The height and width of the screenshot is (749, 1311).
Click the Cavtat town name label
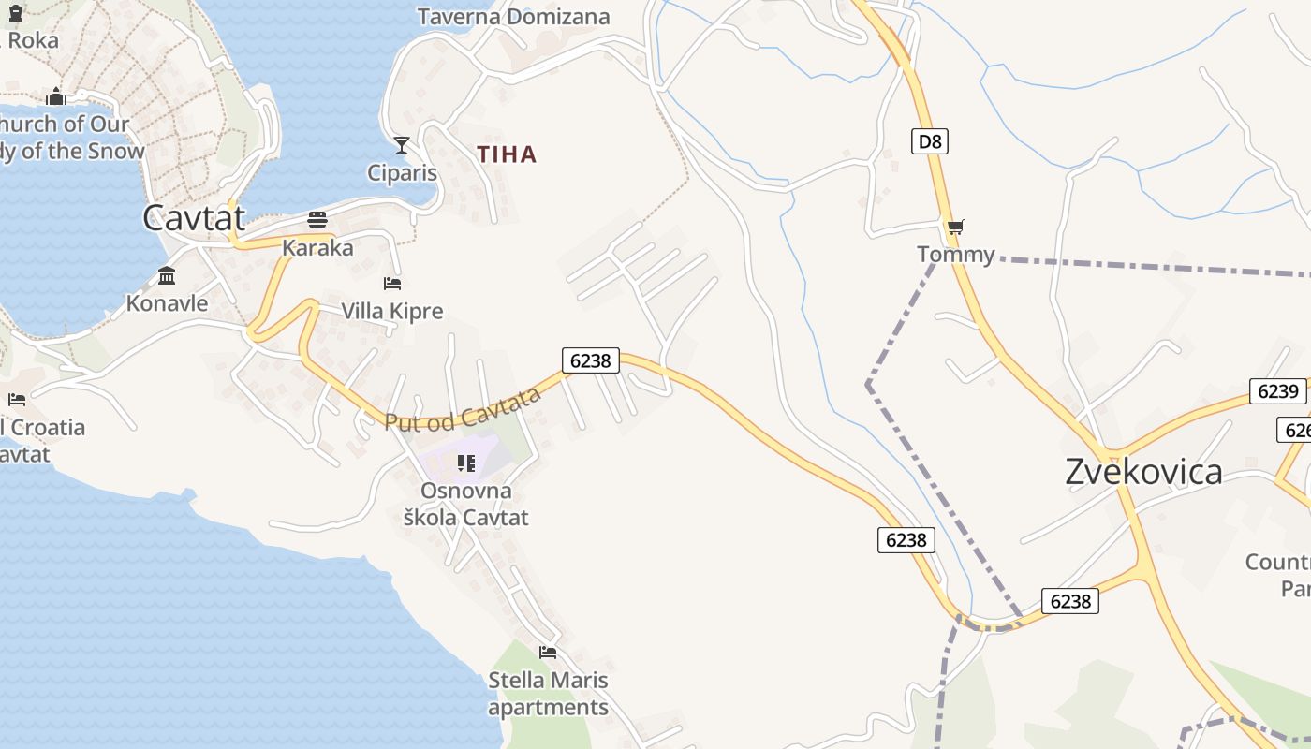pyautogui.click(x=194, y=218)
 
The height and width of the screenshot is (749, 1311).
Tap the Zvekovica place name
pyautogui.click(x=1143, y=472)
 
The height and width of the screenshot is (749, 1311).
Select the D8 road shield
pyautogui.click(x=929, y=141)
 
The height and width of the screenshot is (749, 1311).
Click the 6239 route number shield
pyautogui.click(x=1277, y=391)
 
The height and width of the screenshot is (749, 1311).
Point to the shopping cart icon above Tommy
pyautogui.click(x=955, y=227)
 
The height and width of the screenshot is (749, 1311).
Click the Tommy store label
pyautogui.click(x=955, y=254)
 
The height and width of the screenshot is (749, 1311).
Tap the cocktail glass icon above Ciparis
pyautogui.click(x=402, y=145)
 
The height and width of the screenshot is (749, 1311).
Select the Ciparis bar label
pyautogui.click(x=402, y=173)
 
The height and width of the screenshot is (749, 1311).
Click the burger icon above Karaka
pyautogui.click(x=317, y=220)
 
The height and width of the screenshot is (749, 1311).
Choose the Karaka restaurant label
pyautogui.click(x=317, y=248)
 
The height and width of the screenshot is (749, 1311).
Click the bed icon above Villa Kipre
pyautogui.click(x=392, y=283)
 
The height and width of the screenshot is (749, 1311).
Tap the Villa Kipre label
pyautogui.click(x=391, y=311)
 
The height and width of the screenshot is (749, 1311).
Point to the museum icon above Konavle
pyautogui.click(x=167, y=276)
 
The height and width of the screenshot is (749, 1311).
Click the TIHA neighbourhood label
pyautogui.click(x=507, y=154)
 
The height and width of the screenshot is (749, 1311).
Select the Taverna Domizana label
pyautogui.click(x=513, y=17)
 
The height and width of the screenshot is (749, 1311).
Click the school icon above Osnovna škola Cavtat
pyautogui.click(x=466, y=463)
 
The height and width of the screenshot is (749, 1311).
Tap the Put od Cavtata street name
pyautogui.click(x=463, y=410)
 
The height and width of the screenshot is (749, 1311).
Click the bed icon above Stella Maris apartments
pyautogui.click(x=548, y=652)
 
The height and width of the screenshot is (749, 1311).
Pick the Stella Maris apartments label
pyautogui.click(x=548, y=694)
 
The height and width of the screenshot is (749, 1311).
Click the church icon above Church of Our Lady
pyautogui.click(x=56, y=96)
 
